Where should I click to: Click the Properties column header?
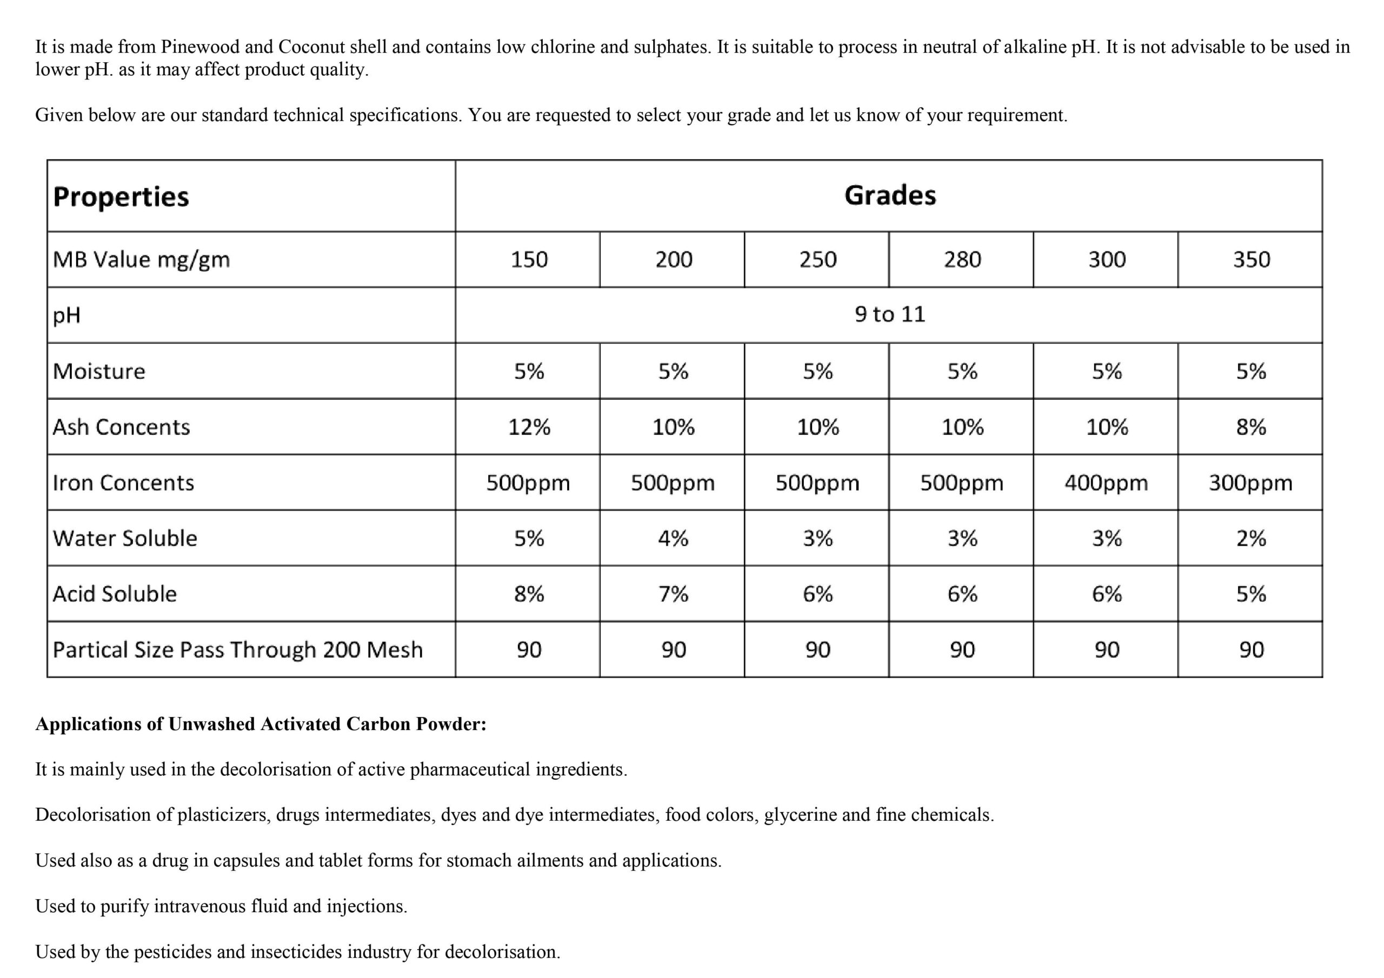(x=121, y=197)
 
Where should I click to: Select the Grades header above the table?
(x=890, y=195)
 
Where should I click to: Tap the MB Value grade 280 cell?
(x=962, y=260)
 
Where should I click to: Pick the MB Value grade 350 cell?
(x=1251, y=260)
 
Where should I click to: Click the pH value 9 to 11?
(x=890, y=314)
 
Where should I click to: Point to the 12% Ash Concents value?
(x=529, y=427)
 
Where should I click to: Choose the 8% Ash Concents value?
(x=1251, y=427)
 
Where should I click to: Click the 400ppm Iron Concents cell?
(x=1106, y=483)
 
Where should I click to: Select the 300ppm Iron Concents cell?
(x=1251, y=483)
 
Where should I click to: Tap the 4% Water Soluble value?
(x=673, y=538)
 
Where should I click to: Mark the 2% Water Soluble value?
(x=1251, y=538)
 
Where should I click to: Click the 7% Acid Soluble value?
(x=673, y=594)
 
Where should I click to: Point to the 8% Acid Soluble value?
(x=529, y=594)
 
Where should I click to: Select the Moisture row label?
(x=99, y=371)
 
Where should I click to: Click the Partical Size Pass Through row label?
(x=237, y=649)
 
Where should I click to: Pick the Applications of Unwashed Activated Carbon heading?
(x=261, y=724)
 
